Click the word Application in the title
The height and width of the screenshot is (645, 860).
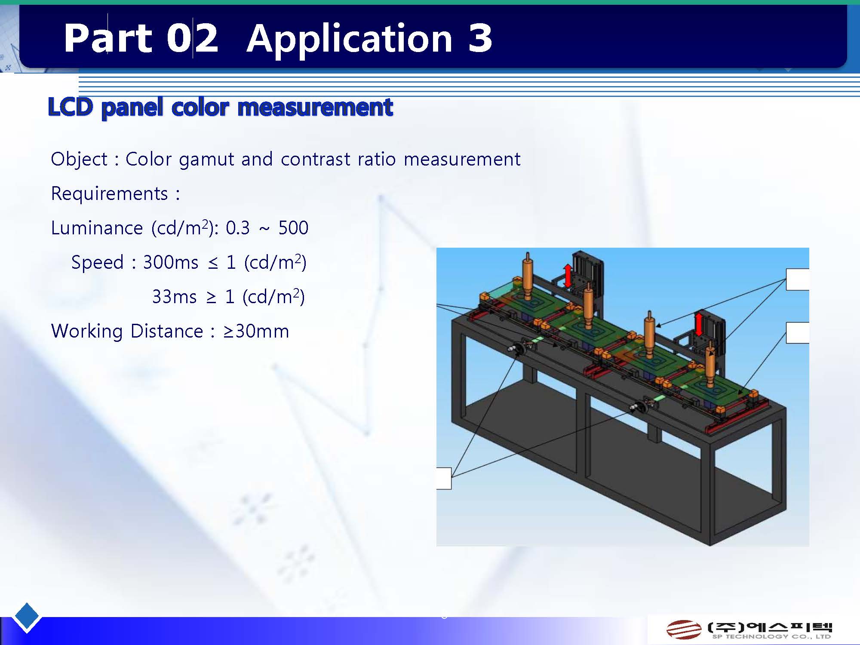[349, 39]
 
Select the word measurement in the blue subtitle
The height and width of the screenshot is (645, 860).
[315, 107]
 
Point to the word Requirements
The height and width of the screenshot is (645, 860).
[109, 193]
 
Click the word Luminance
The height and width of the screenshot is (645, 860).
[97, 228]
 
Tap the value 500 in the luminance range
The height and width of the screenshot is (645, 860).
[293, 228]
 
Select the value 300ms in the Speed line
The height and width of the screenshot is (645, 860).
[171, 262]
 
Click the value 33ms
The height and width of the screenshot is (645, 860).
[174, 297]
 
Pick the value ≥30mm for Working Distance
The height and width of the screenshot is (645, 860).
[256, 331]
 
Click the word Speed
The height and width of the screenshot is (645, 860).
[98, 262]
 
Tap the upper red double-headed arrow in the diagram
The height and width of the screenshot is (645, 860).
[568, 276]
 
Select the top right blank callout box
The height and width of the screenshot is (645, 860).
[797, 279]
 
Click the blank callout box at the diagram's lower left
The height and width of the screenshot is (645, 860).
[444, 478]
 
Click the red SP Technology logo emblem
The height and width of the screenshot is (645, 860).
[684, 630]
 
